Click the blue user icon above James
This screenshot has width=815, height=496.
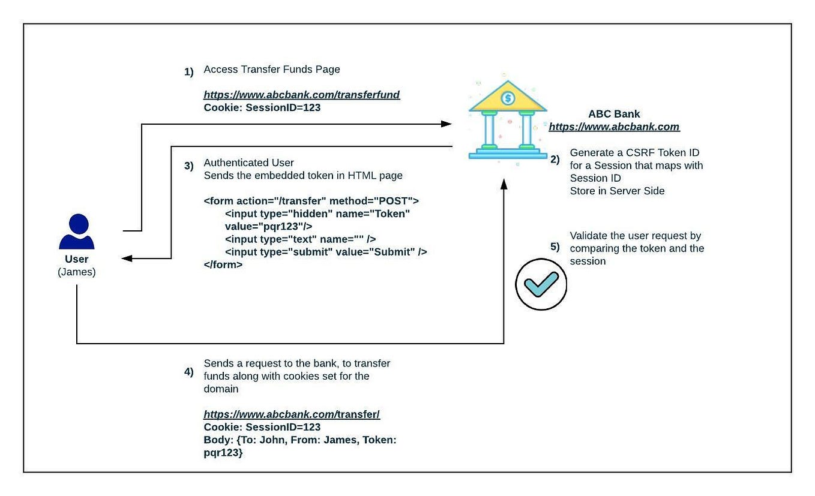click(x=76, y=232)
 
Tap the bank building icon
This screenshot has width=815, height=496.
click(x=507, y=120)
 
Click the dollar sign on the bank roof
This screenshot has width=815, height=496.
click(x=508, y=98)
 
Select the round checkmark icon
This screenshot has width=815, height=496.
click(x=541, y=284)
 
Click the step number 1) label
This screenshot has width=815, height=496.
click(x=189, y=72)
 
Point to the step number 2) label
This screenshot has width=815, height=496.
click(x=555, y=159)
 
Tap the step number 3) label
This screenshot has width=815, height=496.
click(x=189, y=166)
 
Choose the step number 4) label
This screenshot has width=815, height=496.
click(x=189, y=371)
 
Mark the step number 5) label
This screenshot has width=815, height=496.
click(x=555, y=247)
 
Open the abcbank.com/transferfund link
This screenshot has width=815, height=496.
click(x=301, y=95)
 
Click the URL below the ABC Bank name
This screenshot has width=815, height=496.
click(x=614, y=127)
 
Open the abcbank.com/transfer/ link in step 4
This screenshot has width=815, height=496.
click(x=292, y=414)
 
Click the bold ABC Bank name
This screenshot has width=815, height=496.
click(x=614, y=114)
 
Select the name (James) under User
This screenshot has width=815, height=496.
click(x=76, y=272)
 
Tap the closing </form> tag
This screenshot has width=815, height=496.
click(x=223, y=264)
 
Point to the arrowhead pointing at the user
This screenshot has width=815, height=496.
click(x=127, y=258)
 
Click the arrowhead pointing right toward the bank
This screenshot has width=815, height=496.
click(x=445, y=124)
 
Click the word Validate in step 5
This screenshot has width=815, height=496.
click(x=587, y=236)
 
